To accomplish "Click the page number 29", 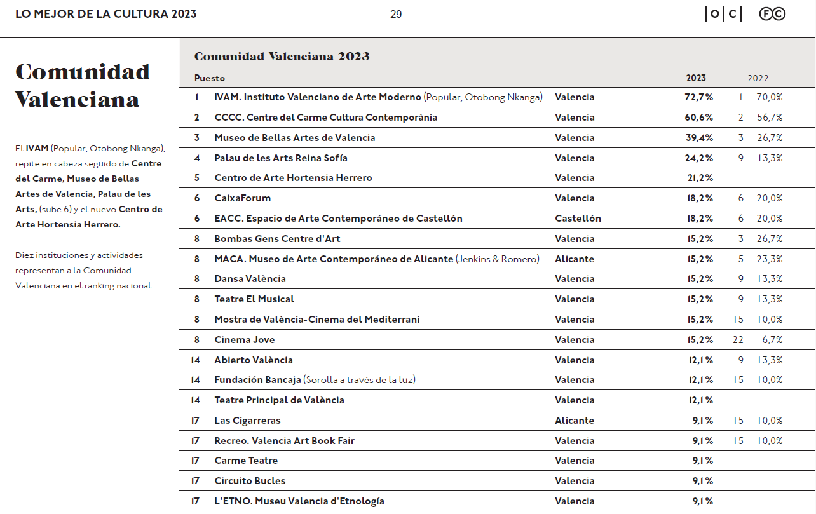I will (396, 14).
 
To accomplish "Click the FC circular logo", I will (772, 14).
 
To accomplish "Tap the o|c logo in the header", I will (723, 14).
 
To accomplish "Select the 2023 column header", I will (696, 78).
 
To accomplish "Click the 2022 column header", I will (758, 78).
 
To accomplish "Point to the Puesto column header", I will (210, 78).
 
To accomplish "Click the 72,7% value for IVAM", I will (698, 97).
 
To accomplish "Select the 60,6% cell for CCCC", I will (698, 118).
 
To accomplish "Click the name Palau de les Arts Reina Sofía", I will (281, 158).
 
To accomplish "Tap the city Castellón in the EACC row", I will (578, 219).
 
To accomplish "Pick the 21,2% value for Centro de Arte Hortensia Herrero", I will (700, 178).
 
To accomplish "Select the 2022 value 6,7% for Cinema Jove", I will (773, 340).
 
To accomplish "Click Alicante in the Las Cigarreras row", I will (575, 421).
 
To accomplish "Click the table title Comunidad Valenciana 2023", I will (282, 57).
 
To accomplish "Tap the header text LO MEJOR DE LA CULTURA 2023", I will (106, 14).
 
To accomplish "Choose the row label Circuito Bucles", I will (250, 481).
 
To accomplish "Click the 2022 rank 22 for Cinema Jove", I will (738, 340).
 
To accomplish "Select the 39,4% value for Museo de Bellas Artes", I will (698, 138).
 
